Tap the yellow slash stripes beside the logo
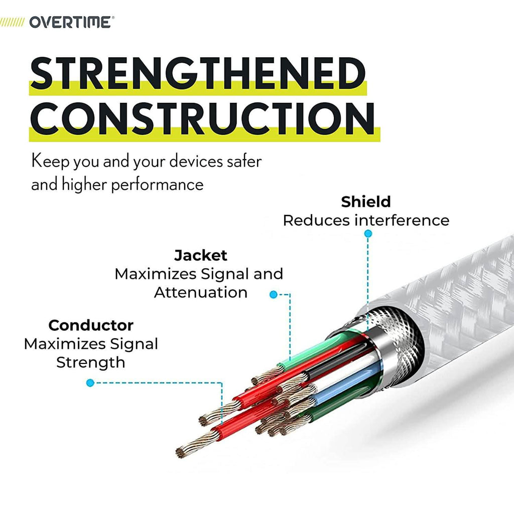point(12,22)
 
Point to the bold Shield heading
point(366,202)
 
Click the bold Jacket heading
point(201,255)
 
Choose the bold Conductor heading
point(91,325)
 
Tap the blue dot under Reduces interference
point(368,233)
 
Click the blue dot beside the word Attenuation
point(273,294)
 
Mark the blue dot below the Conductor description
point(90,382)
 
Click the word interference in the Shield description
point(402,220)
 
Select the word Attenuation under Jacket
point(201,293)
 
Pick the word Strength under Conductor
point(91,362)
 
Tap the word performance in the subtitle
point(157,185)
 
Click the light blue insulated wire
point(344,383)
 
